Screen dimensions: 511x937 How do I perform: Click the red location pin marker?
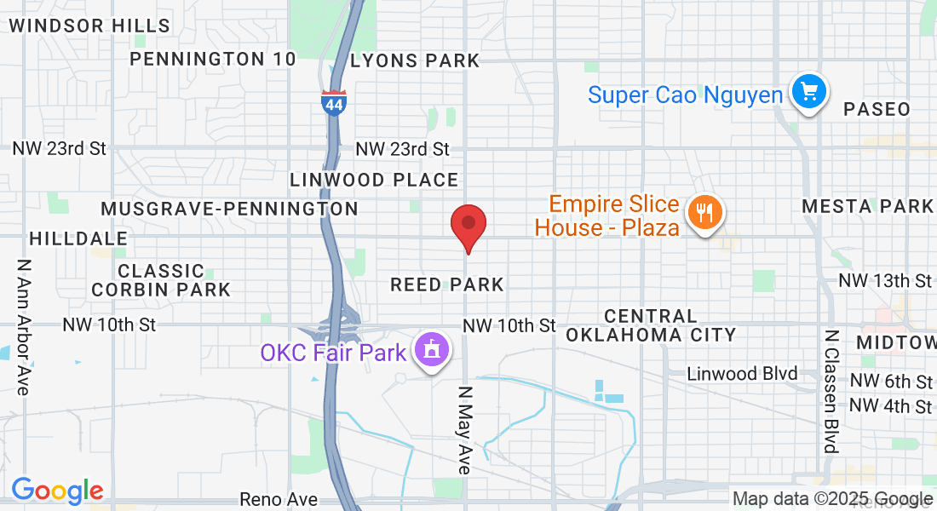click(x=468, y=226)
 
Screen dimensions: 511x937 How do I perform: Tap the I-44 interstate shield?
click(x=333, y=102)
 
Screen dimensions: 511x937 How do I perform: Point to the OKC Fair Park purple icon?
click(x=431, y=350)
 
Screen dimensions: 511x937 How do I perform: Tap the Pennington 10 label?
click(x=213, y=59)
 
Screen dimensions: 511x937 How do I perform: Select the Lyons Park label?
click(x=415, y=60)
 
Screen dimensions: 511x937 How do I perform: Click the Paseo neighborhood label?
click(x=877, y=109)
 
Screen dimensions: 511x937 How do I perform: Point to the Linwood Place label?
click(x=374, y=180)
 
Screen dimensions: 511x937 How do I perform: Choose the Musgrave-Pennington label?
click(x=229, y=209)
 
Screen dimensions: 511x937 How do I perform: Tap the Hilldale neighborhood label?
click(x=78, y=238)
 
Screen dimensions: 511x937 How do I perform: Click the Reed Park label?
click(x=447, y=284)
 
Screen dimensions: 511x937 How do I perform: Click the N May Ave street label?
click(x=464, y=430)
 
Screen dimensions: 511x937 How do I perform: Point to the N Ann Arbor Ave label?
click(x=23, y=327)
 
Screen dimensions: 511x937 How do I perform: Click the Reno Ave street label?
click(x=279, y=499)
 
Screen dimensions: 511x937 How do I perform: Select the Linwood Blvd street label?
click(x=742, y=374)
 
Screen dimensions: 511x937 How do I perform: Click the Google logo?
click(x=57, y=490)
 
